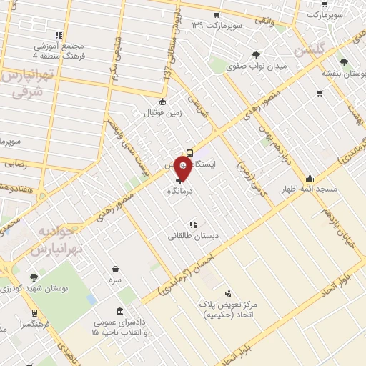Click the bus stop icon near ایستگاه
tap(189, 152)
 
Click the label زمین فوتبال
tap(164, 114)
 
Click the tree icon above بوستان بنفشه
tap(345, 62)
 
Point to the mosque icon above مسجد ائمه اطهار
tap(310, 179)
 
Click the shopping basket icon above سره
tap(116, 269)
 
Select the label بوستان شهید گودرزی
tap(34, 290)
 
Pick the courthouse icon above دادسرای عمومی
tap(118, 312)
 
